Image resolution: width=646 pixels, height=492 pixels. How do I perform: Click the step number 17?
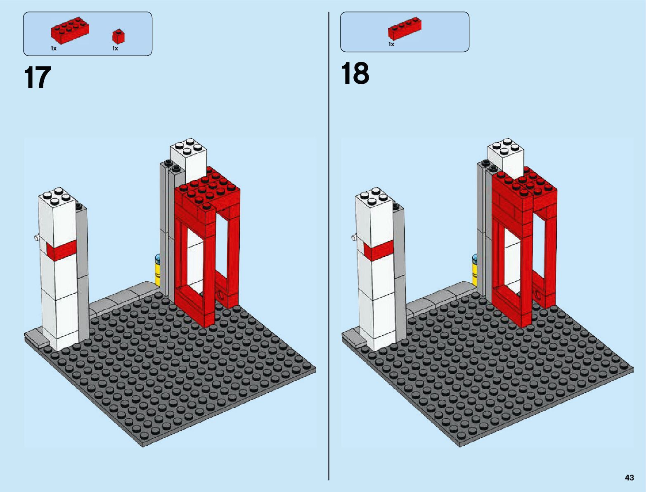tap(38, 77)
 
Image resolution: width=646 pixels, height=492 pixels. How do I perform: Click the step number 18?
tap(355, 73)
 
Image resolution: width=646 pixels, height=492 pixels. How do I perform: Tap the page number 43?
tap(629, 477)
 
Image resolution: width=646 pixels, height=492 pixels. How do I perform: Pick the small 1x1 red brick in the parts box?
tap(118, 36)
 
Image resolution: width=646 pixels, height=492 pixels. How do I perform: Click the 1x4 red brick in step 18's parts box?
tap(405, 29)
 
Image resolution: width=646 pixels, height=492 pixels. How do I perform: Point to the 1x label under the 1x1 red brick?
tap(115, 48)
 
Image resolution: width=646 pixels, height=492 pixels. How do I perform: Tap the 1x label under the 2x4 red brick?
tap(54, 48)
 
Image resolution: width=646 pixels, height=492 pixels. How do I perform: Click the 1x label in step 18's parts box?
tap(391, 44)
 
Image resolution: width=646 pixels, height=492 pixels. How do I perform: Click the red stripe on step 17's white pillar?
tap(62, 250)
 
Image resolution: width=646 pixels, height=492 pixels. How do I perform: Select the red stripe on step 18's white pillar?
tap(379, 250)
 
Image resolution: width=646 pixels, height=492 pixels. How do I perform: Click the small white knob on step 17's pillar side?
tap(37, 237)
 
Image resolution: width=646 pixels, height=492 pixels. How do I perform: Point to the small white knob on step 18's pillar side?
tap(354, 237)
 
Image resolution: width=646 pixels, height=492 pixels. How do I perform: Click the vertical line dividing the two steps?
tap(329, 246)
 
